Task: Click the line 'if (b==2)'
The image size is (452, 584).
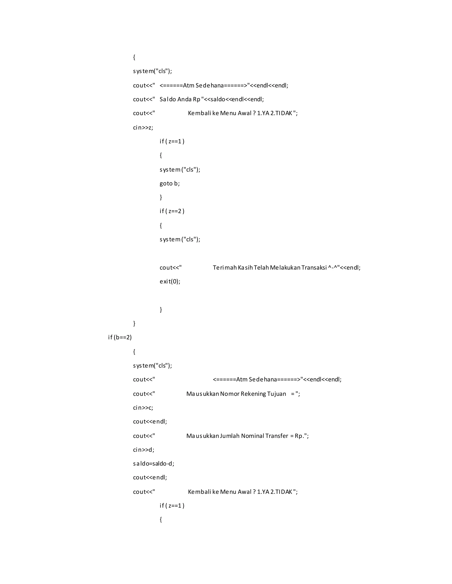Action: (x=120, y=337)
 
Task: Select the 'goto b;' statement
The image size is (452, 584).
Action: (x=169, y=183)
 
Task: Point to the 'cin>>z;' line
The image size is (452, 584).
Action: (x=143, y=127)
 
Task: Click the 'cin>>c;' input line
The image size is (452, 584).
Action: (x=143, y=407)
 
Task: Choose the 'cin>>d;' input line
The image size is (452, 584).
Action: (x=143, y=450)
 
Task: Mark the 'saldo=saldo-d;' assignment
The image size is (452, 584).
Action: (x=153, y=463)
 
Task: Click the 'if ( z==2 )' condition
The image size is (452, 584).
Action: (x=172, y=211)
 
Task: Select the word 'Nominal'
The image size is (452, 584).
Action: (x=252, y=436)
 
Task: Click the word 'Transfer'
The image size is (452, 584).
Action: (x=277, y=436)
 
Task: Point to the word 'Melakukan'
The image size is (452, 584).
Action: (x=285, y=268)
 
